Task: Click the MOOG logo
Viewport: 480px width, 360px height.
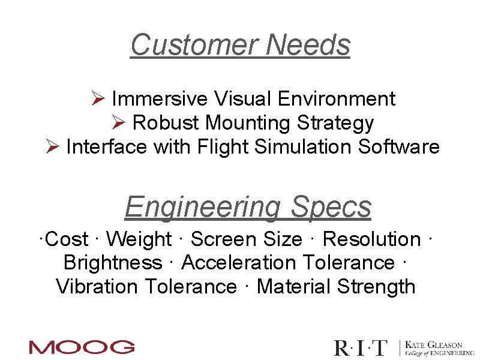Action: pos(82,347)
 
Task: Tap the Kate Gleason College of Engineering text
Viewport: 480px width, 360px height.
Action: pos(439,349)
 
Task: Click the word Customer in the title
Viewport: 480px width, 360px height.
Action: pos(194,45)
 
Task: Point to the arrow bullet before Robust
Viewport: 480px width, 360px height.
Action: pos(118,123)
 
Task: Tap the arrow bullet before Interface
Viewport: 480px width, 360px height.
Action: pos(52,147)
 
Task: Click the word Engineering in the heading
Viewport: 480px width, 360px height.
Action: pos(202,208)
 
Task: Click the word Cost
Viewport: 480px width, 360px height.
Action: pos(66,239)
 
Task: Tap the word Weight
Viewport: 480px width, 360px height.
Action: pos(139,239)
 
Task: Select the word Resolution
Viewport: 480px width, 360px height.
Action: pos(371,239)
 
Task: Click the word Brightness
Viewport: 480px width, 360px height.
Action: pos(112,263)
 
